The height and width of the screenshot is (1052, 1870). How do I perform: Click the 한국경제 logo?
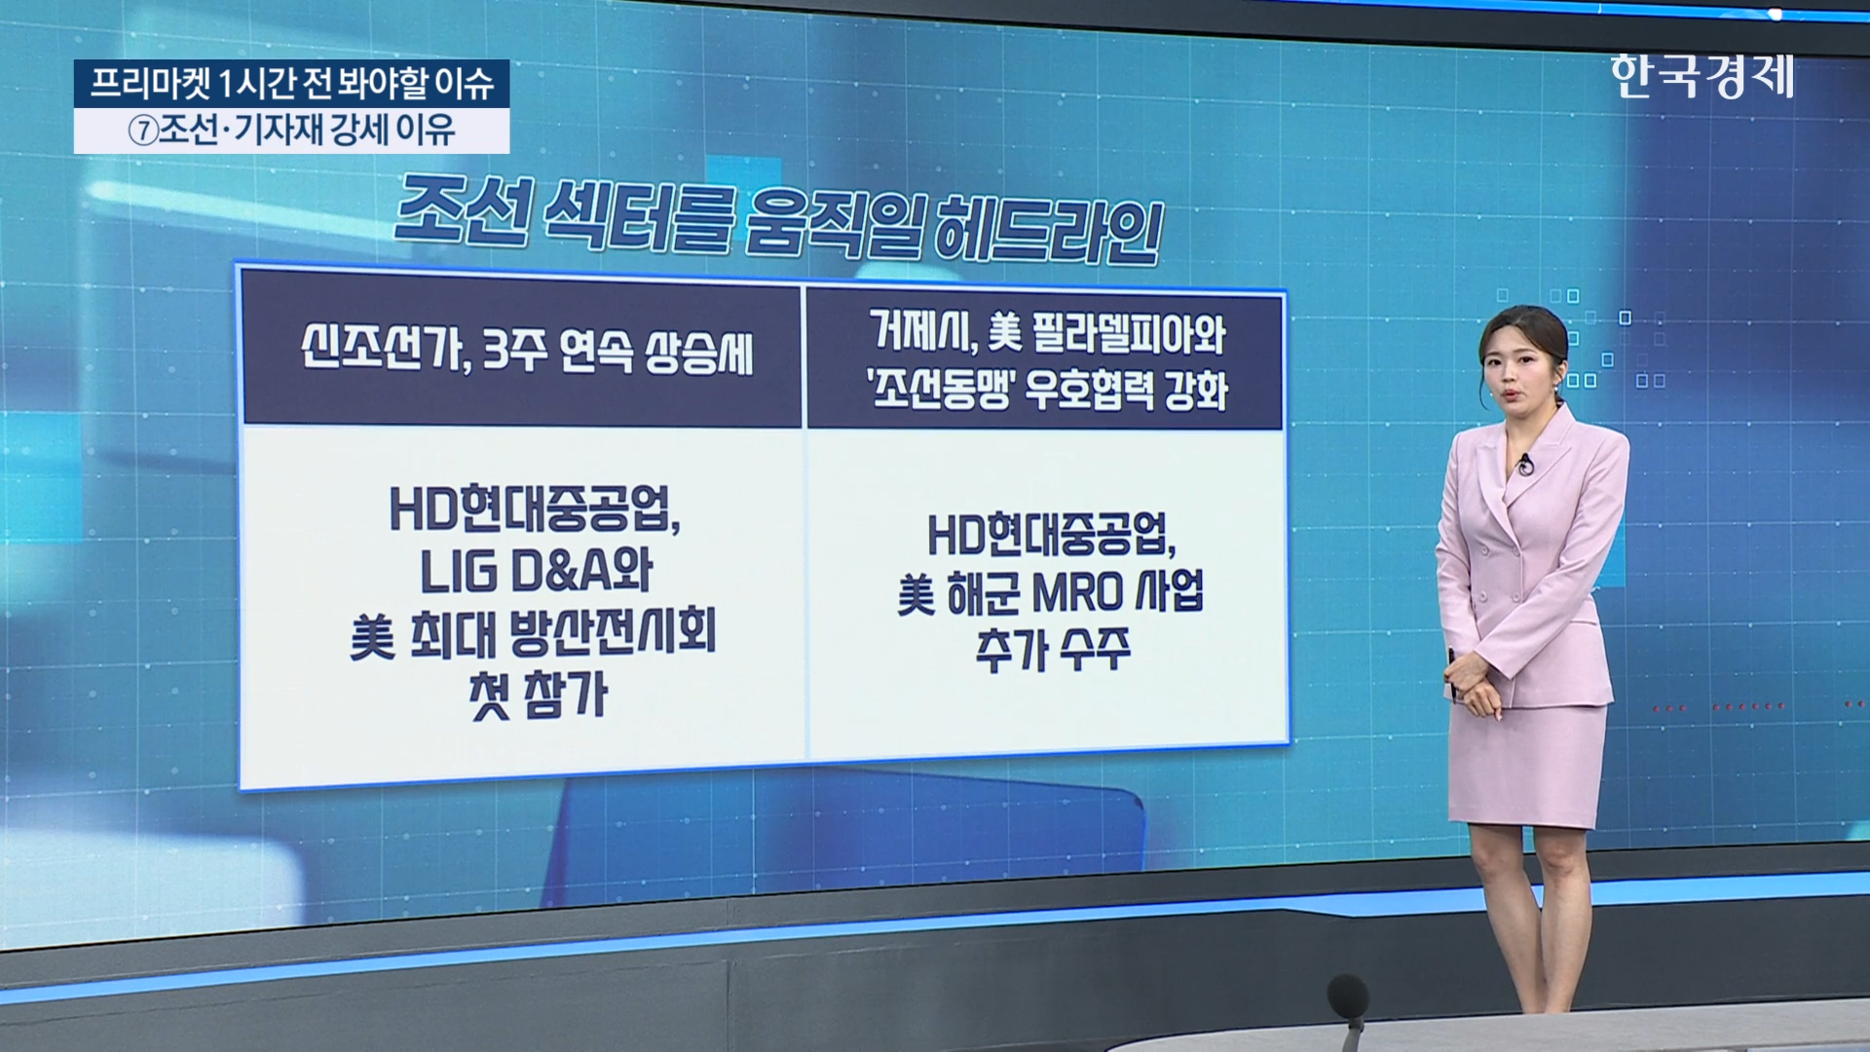[1702, 76]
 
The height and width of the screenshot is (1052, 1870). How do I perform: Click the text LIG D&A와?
[536, 572]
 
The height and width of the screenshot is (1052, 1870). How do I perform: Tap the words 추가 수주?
[1053, 649]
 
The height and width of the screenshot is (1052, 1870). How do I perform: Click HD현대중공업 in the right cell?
[1050, 535]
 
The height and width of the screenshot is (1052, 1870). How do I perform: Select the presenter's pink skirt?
[1527, 764]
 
